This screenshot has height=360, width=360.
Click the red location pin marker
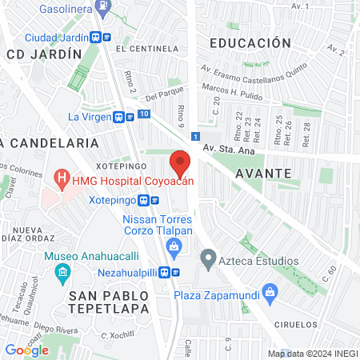(181, 163)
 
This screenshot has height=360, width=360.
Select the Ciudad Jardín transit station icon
(100, 37)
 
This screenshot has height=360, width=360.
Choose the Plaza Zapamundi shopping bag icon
(270, 294)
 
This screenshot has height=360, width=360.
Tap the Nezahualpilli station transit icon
(169, 271)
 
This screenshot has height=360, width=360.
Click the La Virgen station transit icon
(124, 116)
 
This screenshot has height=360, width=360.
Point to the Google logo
(26, 350)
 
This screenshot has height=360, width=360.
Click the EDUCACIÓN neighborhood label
(249, 42)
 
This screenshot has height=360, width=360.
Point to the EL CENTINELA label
(146, 48)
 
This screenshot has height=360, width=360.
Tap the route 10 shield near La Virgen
(143, 114)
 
